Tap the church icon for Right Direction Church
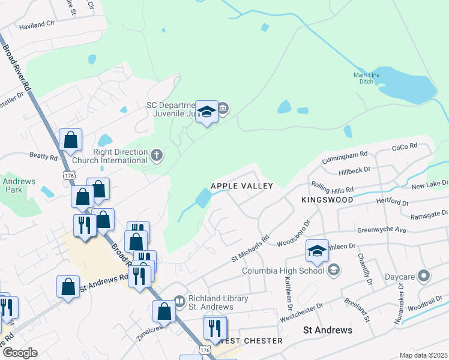pyautogui.click(x=156, y=155)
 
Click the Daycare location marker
pyautogui.click(x=424, y=276)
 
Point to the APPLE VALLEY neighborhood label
pyautogui.click(x=242, y=187)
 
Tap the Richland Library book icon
pyautogui.click(x=179, y=300)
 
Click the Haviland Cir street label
pyautogui.click(x=37, y=26)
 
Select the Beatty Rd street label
pyautogui.click(x=43, y=156)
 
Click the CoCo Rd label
pyautogui.click(x=404, y=147)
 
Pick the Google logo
pyautogui.click(x=19, y=353)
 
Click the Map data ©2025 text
pyautogui.click(x=423, y=355)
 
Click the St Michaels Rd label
pyautogui.click(x=250, y=248)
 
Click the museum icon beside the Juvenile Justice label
pyautogui.click(x=223, y=109)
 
